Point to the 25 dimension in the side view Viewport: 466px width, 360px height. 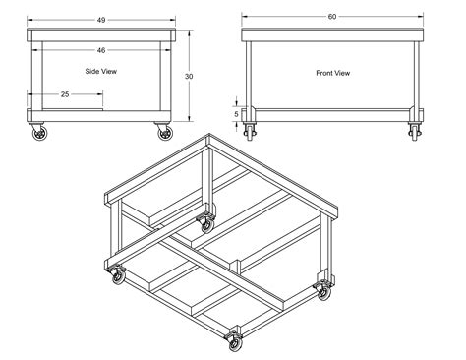tap(64, 94)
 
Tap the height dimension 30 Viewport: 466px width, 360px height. tap(188, 75)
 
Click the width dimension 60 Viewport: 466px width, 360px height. tap(332, 18)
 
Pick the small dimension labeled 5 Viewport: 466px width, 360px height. tap(236, 112)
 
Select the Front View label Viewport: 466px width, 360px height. tap(332, 72)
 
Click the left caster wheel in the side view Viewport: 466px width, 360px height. tap(40, 132)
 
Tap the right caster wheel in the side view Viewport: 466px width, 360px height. tap(161, 132)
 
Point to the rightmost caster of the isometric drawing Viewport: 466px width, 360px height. tap(321, 289)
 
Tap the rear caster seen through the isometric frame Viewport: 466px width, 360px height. tap(205, 221)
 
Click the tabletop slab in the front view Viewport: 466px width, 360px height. tap(332, 34)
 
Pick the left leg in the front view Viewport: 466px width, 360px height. tap(250, 74)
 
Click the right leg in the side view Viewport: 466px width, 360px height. tap(167, 74)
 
